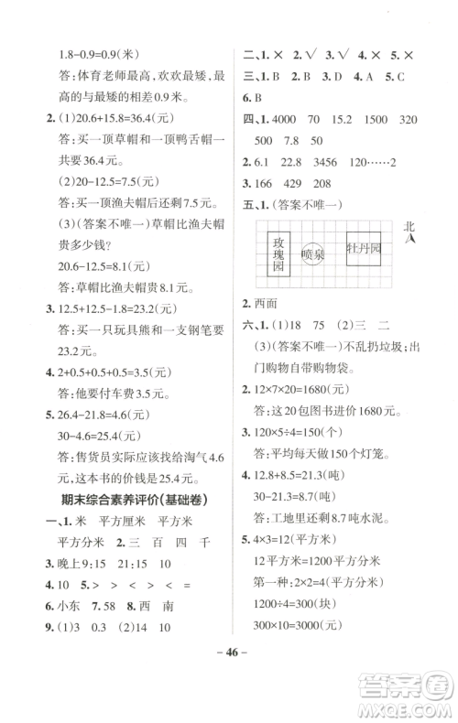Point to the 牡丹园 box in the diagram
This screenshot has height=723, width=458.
click(362, 249)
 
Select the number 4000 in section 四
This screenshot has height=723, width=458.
click(277, 122)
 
